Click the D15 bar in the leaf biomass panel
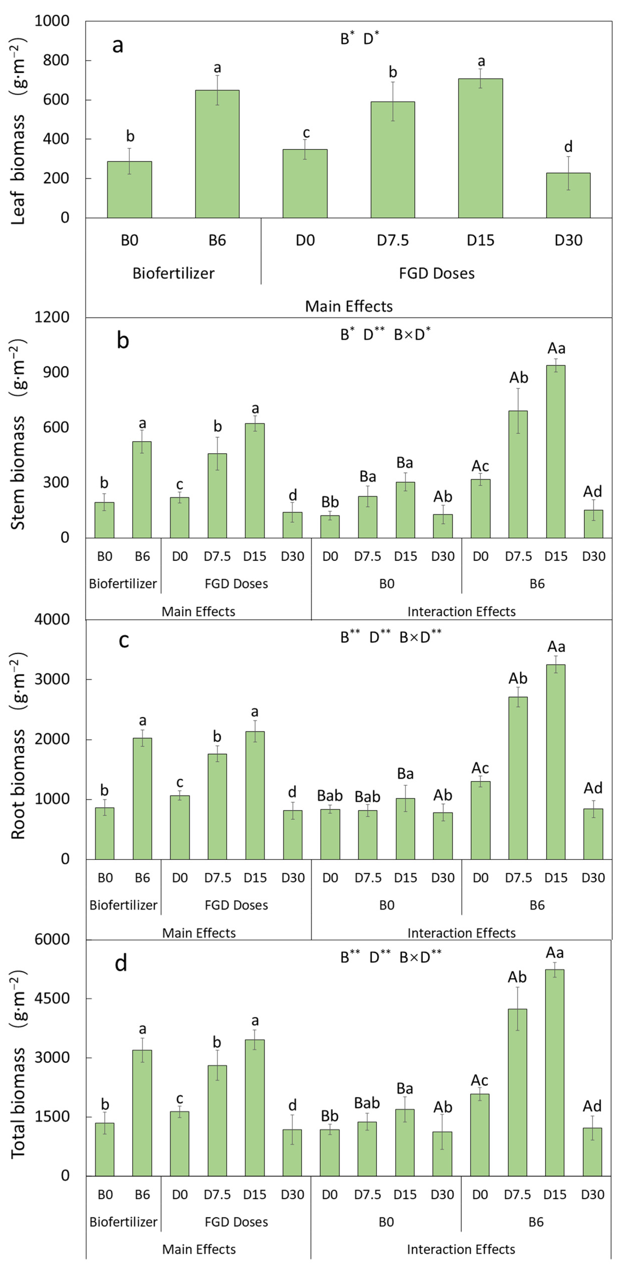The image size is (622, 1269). tap(480, 148)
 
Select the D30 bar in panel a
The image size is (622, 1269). tap(568, 195)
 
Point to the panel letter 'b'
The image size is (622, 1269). tap(123, 340)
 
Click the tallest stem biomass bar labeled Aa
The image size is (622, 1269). tap(556, 451)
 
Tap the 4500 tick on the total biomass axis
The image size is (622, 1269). tap(52, 998)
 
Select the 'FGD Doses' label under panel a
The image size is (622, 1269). tap(436, 273)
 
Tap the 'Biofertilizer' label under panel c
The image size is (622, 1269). tap(123, 905)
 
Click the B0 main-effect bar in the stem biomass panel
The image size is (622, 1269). tap(104, 520)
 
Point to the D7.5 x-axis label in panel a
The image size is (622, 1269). tap(393, 240)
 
